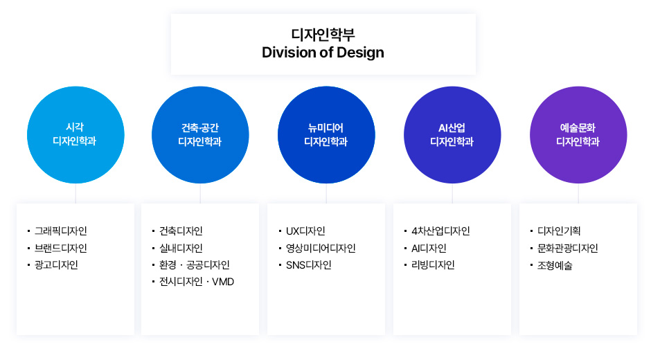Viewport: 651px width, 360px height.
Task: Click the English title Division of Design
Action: coord(323,53)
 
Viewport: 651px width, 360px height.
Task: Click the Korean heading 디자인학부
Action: coord(323,34)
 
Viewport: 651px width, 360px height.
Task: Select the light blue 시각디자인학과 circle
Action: coord(75,134)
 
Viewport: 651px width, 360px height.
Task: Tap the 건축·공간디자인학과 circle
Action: coord(200,134)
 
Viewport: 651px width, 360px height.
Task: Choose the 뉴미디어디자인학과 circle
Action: coord(326,134)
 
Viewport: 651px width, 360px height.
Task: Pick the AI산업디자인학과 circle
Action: coord(452,134)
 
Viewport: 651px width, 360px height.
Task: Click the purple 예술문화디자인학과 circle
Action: coord(578,134)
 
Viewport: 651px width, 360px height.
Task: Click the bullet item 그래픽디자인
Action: coord(61,231)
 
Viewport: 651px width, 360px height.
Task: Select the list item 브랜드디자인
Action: coord(61,248)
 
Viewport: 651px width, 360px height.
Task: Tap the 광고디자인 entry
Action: coord(57,265)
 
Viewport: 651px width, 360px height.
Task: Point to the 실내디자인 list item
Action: coord(181,248)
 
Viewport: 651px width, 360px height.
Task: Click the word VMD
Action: coord(223,282)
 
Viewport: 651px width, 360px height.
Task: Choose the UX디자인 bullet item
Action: coord(305,231)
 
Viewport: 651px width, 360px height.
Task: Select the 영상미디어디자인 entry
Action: coord(321,248)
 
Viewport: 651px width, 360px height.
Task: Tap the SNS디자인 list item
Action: coord(308,265)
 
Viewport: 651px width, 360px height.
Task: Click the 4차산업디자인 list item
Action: coord(440,231)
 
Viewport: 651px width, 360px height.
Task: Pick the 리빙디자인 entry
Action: coord(433,265)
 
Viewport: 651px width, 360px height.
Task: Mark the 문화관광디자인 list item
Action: coord(568,248)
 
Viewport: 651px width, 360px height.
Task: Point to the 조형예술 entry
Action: coord(555,265)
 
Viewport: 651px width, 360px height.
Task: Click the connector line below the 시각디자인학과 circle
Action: coord(75,193)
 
